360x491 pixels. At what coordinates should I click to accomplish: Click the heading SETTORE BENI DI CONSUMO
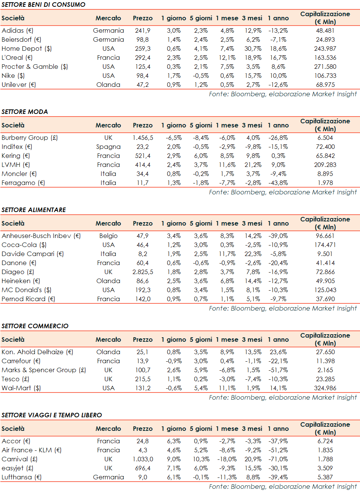[x=43, y=5]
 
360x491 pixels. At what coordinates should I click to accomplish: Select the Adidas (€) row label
[x=17, y=30]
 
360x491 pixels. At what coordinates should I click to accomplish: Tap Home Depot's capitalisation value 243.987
[x=325, y=48]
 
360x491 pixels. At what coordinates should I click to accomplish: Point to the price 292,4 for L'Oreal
[x=143, y=58]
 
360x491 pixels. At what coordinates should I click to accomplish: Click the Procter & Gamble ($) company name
[x=35, y=67]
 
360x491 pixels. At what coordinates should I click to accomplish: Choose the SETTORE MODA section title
[x=25, y=112]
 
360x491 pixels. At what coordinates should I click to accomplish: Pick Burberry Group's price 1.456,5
[x=143, y=138]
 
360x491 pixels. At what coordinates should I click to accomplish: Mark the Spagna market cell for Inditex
[x=108, y=147]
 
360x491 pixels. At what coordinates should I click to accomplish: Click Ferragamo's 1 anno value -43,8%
[x=278, y=183]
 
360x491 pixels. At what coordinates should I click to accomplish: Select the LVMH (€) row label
[x=15, y=165]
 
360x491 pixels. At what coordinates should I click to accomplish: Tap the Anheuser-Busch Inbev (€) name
[x=41, y=236]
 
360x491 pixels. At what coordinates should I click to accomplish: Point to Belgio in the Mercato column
[x=108, y=236]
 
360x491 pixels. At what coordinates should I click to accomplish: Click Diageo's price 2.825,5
[x=143, y=272]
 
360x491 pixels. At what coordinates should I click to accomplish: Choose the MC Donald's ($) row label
[x=26, y=290]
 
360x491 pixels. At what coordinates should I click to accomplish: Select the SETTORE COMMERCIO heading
[x=35, y=326]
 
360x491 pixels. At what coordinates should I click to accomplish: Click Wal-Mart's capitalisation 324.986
[x=325, y=388]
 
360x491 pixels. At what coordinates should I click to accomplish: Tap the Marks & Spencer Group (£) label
[x=44, y=370]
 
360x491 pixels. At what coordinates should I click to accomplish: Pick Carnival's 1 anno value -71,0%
[x=278, y=459]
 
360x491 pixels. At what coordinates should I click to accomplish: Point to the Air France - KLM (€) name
[x=31, y=450]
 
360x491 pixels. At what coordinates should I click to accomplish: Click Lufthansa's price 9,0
[x=143, y=477]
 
